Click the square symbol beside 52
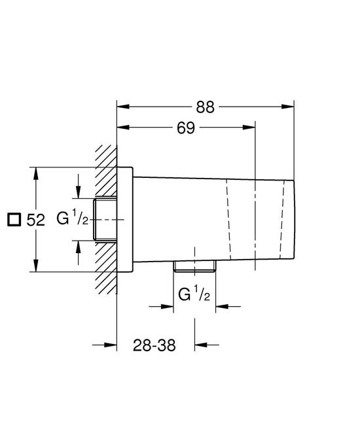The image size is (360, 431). tap(13, 220)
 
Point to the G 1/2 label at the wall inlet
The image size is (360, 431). tap(72, 218)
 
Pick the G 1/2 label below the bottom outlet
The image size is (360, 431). tap(193, 295)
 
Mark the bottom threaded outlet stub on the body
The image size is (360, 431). tap(194, 266)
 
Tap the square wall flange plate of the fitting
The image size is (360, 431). tap(126, 219)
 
